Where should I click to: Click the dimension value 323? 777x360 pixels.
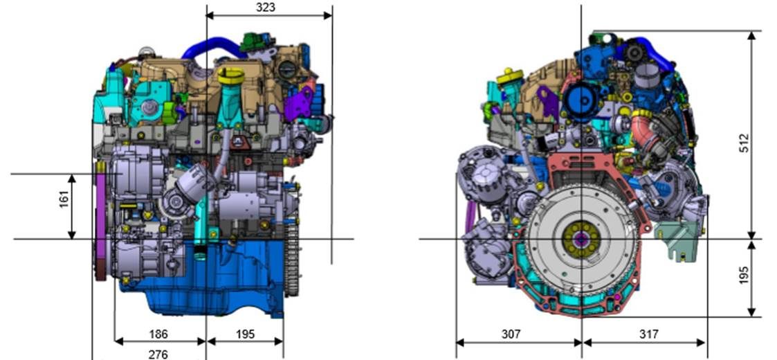pyautogui.click(x=266, y=7)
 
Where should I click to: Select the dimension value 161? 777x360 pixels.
pyautogui.click(x=64, y=199)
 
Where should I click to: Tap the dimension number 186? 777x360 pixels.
pyautogui.click(x=158, y=334)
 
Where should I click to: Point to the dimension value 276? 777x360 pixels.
pyautogui.click(x=158, y=354)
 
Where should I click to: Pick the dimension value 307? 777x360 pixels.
pyautogui.click(x=511, y=334)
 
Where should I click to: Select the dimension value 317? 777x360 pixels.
pyautogui.click(x=649, y=334)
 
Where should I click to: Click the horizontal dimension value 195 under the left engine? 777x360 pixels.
pyautogui.click(x=245, y=334)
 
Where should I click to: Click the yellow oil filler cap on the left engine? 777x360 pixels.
pyautogui.click(x=231, y=76)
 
